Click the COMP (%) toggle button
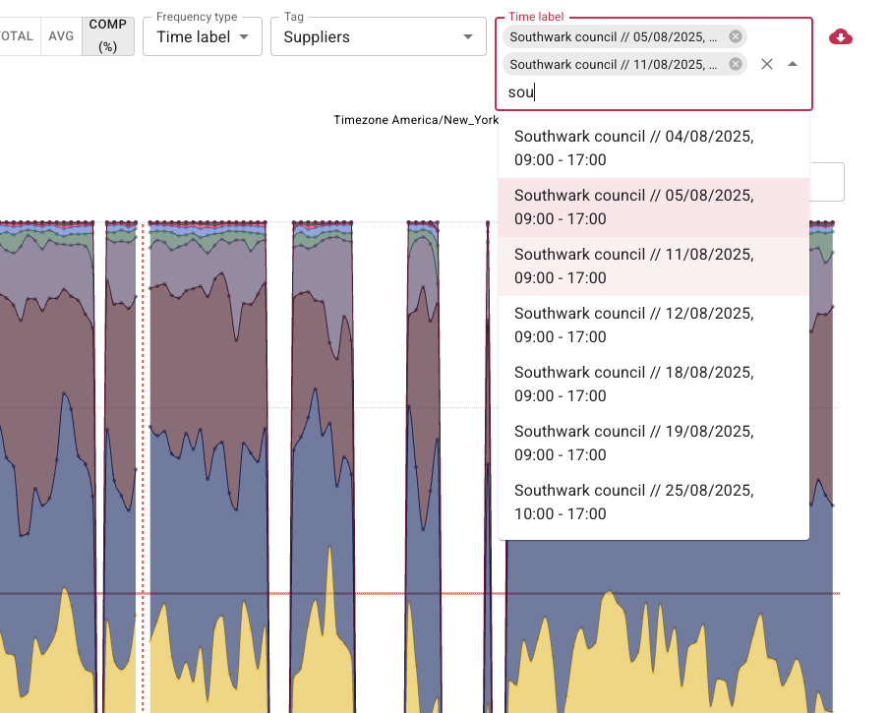[108, 35]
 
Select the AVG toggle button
[61, 35]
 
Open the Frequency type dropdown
[203, 37]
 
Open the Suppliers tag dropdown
[379, 37]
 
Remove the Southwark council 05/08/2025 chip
[736, 36]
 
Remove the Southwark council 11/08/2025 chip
[736, 64]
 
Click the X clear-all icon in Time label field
[767, 64]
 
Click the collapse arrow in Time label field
[793, 64]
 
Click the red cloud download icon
[841, 37]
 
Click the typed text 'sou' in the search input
[520, 92]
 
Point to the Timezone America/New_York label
[416, 119]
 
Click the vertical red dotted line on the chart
[143, 443]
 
